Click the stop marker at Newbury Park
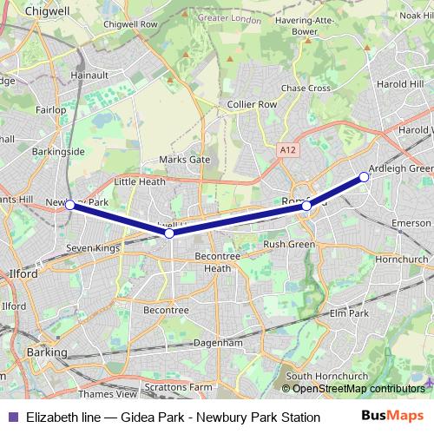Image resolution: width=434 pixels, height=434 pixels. click(x=70, y=205)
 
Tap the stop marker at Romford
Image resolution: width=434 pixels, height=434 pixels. click(x=306, y=206)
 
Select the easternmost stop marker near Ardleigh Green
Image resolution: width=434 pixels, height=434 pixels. click(x=364, y=177)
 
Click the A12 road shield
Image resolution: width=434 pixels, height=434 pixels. click(x=287, y=150)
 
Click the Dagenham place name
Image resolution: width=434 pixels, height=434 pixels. click(x=218, y=343)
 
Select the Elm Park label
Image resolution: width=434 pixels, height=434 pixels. click(x=347, y=313)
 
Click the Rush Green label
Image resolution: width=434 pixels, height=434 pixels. click(x=288, y=245)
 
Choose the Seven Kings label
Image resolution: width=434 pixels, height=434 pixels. click(x=94, y=248)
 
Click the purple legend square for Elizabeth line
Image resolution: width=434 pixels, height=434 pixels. click(x=10, y=417)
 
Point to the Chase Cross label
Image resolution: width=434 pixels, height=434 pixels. click(x=306, y=88)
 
